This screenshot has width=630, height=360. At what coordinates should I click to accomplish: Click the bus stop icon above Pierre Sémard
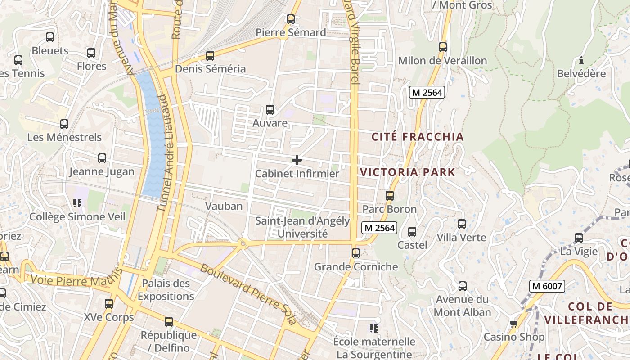[x=291, y=19]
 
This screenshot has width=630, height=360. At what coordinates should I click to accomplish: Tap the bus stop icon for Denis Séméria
[x=210, y=56]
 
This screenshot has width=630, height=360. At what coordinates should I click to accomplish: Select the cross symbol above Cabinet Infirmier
[x=297, y=160]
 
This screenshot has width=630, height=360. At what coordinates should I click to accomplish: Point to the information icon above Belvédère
[x=581, y=60]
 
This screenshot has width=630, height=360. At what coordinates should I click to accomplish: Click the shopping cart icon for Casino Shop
[x=513, y=324]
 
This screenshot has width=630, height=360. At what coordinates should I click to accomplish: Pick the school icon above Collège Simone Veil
[x=77, y=203]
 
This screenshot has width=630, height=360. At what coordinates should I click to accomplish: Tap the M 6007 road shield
[x=547, y=286]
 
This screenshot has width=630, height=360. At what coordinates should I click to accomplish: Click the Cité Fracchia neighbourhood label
[x=418, y=137]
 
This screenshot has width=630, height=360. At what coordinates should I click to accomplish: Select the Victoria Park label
[x=408, y=172]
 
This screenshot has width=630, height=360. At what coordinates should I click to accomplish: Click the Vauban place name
[x=224, y=206]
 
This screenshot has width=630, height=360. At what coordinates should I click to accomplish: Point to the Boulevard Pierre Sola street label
[x=248, y=294]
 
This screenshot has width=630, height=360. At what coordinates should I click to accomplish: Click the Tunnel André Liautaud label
[x=165, y=153]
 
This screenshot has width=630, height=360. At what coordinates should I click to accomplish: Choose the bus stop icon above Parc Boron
[x=390, y=196]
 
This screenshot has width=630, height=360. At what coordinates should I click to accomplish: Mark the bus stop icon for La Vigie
[x=579, y=238]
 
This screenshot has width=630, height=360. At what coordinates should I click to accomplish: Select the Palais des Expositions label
[x=166, y=290]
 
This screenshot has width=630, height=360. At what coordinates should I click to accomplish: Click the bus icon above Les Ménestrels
[x=64, y=124]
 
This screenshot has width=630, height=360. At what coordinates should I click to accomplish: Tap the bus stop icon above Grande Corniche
[x=356, y=253]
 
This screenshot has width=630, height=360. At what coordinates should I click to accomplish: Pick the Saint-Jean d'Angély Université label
[x=302, y=227]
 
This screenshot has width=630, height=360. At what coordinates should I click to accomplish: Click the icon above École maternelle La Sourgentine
[x=373, y=328]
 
